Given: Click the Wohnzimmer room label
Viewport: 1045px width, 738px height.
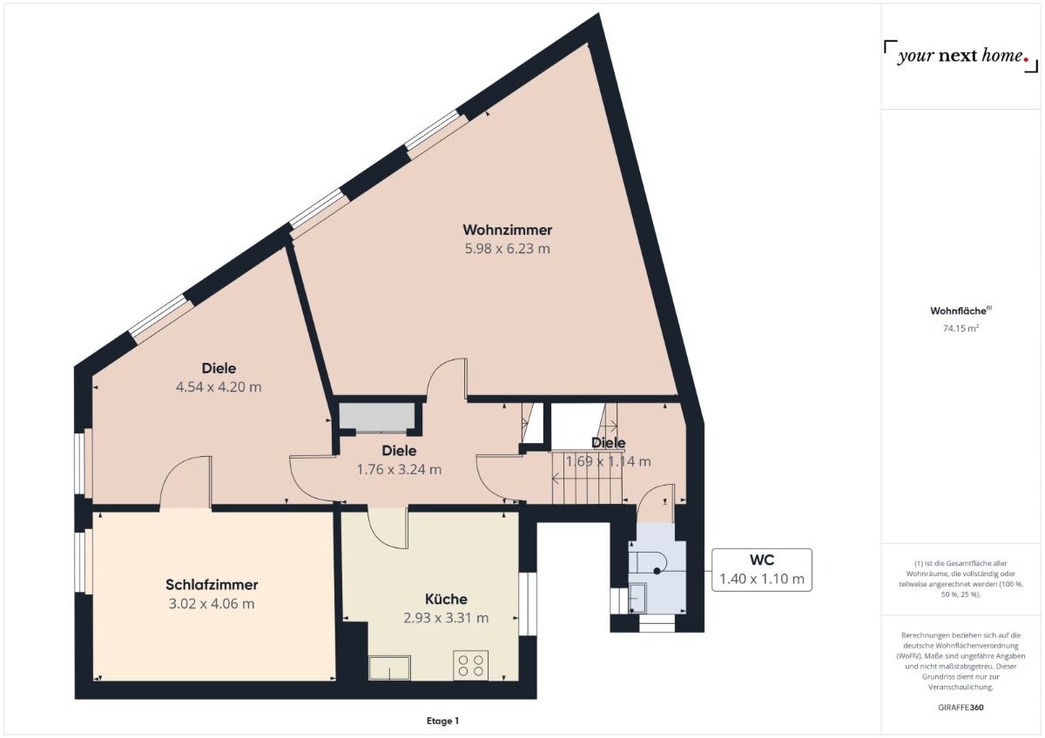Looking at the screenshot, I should (x=507, y=230).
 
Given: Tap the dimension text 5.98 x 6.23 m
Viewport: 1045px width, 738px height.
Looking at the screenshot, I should (x=507, y=249).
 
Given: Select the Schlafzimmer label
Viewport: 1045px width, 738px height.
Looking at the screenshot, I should (x=212, y=585).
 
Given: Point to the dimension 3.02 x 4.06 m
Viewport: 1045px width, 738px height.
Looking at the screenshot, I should (x=212, y=604).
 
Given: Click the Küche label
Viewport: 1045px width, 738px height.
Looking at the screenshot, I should (x=446, y=599).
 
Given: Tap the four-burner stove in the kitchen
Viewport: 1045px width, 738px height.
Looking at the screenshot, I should (x=471, y=666).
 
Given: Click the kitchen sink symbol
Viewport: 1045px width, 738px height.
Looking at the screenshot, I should (x=389, y=668).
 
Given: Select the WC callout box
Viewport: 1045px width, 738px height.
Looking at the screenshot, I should (x=761, y=570).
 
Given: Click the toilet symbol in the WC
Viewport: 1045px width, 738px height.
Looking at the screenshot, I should (x=650, y=562).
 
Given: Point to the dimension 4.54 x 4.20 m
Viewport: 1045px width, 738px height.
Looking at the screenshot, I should (x=219, y=386).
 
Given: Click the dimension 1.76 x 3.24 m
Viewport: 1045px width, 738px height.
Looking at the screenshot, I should (x=399, y=469).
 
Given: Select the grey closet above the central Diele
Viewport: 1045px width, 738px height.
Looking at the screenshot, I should (x=376, y=417).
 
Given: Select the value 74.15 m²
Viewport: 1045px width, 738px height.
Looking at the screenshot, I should (x=961, y=329).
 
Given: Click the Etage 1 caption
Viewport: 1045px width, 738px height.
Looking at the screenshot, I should (x=442, y=721).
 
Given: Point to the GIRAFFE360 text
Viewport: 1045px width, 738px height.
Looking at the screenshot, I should (x=961, y=708).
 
